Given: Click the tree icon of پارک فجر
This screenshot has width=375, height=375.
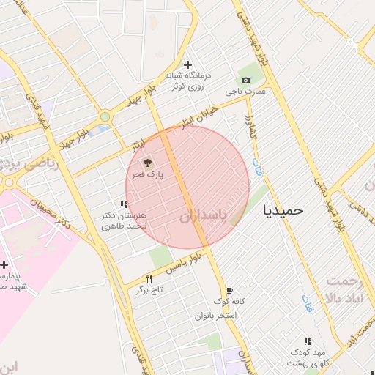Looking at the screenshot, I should pyautogui.click(x=146, y=163).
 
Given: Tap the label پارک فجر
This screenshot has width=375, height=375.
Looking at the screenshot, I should pyautogui.click(x=147, y=175).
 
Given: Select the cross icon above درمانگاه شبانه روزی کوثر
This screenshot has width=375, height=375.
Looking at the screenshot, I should pyautogui.click(x=188, y=65).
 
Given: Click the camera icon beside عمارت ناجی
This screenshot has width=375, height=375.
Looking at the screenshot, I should pyautogui.click(x=245, y=80).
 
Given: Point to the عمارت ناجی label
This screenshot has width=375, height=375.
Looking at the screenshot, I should pyautogui.click(x=245, y=92).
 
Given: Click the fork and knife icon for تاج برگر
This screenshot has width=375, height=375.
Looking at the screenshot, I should pyautogui.click(x=149, y=278).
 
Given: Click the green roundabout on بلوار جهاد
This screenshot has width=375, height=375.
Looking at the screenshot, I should pyautogui.click(x=105, y=116).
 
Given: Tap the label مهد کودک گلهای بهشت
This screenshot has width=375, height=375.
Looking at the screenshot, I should pyautogui.click(x=308, y=359).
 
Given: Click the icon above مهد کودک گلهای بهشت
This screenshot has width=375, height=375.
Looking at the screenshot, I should pyautogui.click(x=308, y=341).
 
